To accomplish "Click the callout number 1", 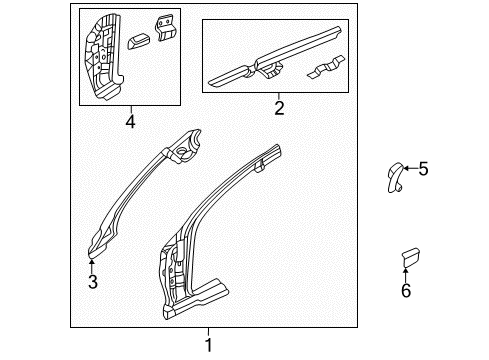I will tap(208, 345).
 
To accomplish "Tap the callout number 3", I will tap(92, 282).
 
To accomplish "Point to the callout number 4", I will tap(130, 121).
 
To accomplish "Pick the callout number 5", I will tap(422, 169).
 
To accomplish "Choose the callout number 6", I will tap(406, 290).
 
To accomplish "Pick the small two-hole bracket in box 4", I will tap(163, 27).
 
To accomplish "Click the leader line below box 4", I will tap(130, 109).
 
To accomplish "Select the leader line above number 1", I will tap(208, 332).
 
